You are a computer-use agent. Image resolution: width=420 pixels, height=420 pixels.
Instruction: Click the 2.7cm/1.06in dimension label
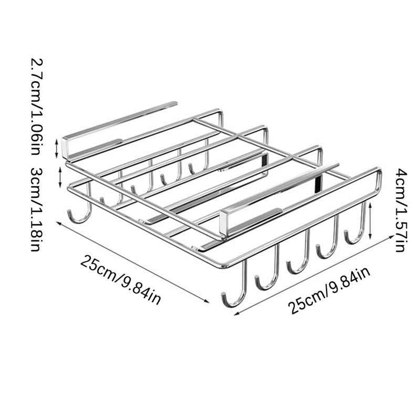point(36,107)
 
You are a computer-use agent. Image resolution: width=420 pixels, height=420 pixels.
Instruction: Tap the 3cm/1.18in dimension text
point(36,209)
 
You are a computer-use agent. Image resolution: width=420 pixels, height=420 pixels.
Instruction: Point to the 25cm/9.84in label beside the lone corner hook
point(121,280)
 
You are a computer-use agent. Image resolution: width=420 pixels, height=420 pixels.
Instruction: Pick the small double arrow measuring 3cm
point(60,177)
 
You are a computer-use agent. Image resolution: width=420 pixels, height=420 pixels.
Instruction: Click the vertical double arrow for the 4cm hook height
point(370,220)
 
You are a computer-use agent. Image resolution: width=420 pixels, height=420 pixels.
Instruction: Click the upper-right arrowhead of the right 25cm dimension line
point(392,237)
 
